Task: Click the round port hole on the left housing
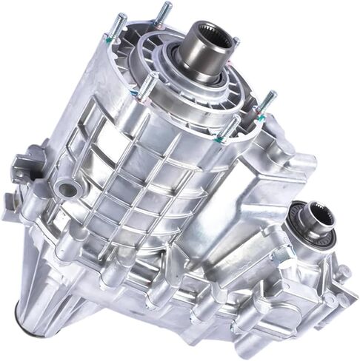click(x=68, y=189)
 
